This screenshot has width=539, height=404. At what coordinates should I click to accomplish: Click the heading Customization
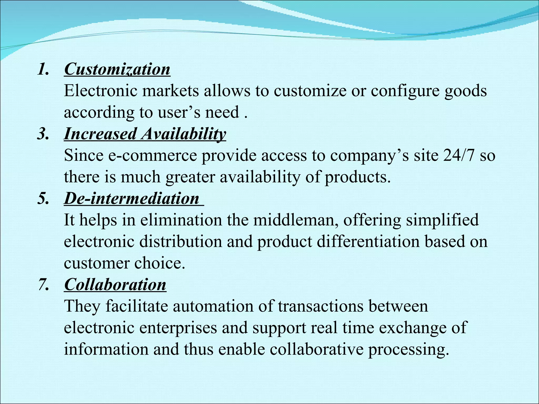pyautogui.click(x=117, y=69)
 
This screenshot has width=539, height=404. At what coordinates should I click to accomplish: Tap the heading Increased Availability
pyautogui.click(x=145, y=134)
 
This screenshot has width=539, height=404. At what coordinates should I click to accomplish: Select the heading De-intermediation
pyautogui.click(x=132, y=199)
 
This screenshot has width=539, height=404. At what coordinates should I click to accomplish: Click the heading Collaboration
pyautogui.click(x=115, y=285)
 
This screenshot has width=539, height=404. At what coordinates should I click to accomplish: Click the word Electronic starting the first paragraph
pyautogui.click(x=101, y=91)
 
